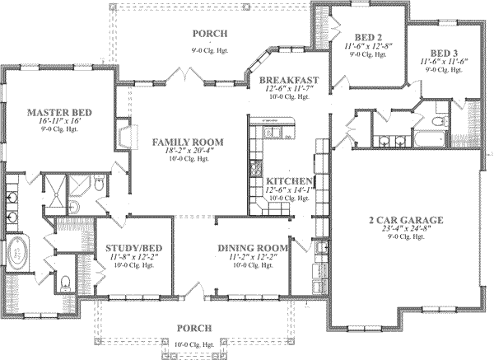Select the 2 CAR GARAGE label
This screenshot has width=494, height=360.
(406, 219)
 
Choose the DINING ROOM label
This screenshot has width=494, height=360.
(253, 247)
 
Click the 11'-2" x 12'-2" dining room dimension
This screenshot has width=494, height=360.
(253, 256)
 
